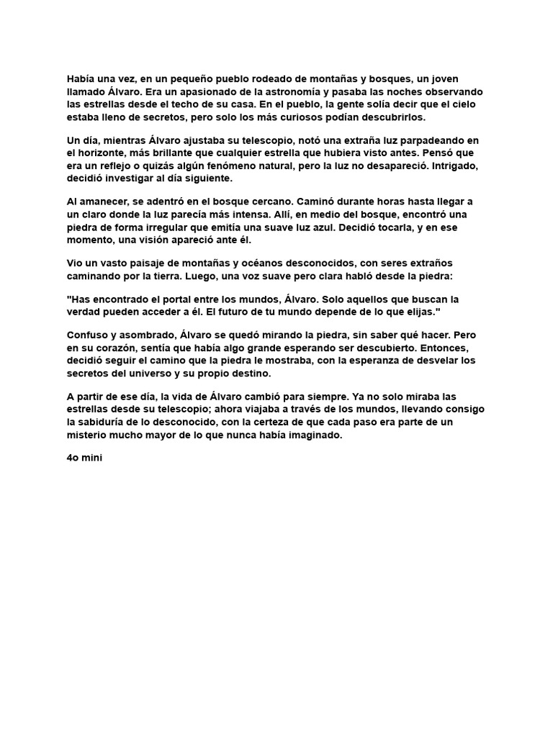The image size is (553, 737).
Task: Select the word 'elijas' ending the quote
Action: point(421,312)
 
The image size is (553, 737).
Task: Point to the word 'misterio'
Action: point(90,435)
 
